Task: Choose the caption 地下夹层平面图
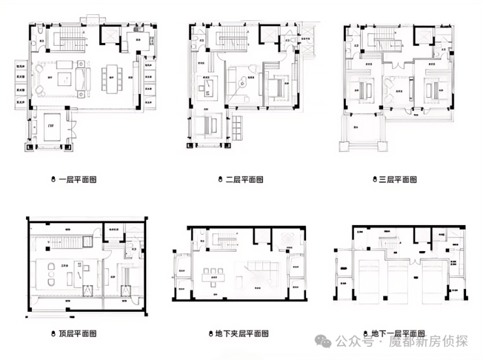click(x=241, y=333)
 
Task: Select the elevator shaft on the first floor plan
click(x=109, y=37)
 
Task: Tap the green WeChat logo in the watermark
click(x=324, y=340)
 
